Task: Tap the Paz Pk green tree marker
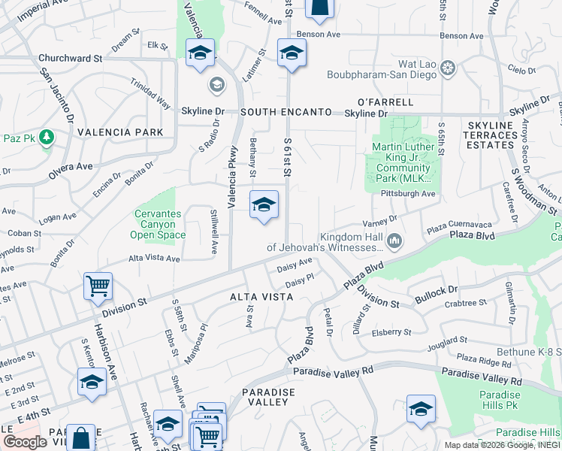click(x=47, y=137)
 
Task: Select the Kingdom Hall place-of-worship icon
click(x=395, y=241)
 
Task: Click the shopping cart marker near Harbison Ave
click(x=98, y=286)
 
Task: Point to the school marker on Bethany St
click(x=264, y=205)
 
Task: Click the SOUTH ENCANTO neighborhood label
click(x=286, y=112)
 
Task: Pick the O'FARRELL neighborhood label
click(x=385, y=102)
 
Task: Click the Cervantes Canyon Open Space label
click(x=158, y=224)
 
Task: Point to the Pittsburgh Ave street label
click(x=409, y=193)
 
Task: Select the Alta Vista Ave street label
click(x=154, y=258)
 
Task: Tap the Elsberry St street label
click(x=392, y=331)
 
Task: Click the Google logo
click(x=25, y=442)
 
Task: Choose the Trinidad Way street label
click(x=150, y=94)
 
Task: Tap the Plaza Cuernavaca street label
click(x=458, y=225)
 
